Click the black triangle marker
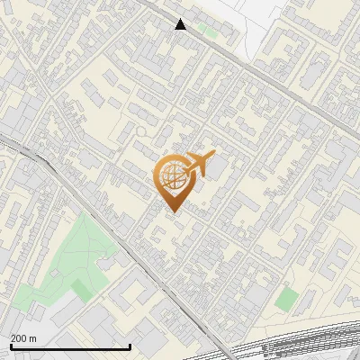point(181,24)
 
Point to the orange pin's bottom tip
point(171,211)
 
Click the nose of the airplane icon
point(213,155)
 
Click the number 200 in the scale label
point(18,338)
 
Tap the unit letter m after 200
point(32,338)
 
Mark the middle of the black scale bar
point(70,346)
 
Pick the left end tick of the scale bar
point(10,345)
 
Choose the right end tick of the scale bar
point(130,345)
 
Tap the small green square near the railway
point(286,299)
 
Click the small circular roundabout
point(141,131)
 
